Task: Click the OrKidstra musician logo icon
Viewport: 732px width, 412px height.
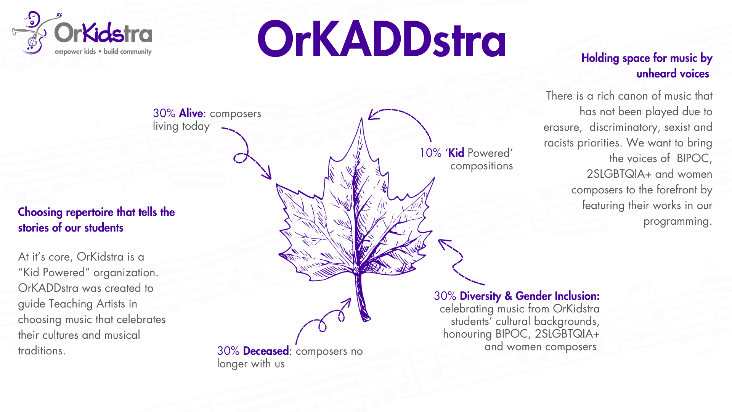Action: pyautogui.click(x=34, y=33)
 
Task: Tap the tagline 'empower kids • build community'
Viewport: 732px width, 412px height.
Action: pyautogui.click(x=103, y=51)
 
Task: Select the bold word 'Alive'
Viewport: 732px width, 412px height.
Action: pyautogui.click(x=191, y=113)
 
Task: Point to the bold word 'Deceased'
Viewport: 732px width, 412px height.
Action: pyautogui.click(x=266, y=351)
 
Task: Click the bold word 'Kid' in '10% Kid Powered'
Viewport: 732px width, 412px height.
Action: pyautogui.click(x=456, y=153)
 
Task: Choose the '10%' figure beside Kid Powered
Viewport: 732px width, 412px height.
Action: pyautogui.click(x=430, y=153)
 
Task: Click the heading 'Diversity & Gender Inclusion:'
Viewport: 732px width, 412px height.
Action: pyautogui.click(x=530, y=296)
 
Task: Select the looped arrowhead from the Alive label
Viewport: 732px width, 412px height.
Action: pyautogui.click(x=266, y=173)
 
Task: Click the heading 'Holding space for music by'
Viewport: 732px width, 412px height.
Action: pyautogui.click(x=647, y=58)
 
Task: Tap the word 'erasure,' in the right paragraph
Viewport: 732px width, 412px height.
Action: pyautogui.click(x=563, y=127)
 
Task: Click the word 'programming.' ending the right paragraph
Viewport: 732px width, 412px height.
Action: pyautogui.click(x=677, y=221)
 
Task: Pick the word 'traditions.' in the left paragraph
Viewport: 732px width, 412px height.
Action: pyautogui.click(x=42, y=351)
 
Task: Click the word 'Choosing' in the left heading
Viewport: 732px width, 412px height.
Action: pyautogui.click(x=40, y=212)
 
